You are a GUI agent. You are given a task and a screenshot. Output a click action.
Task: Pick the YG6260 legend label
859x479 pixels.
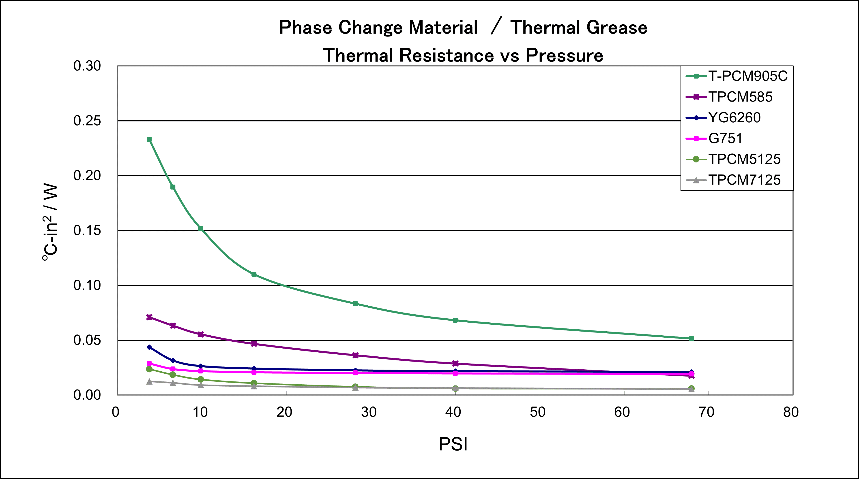point(734,118)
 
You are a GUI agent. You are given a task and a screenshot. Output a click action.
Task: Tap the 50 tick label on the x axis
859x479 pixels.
point(537,412)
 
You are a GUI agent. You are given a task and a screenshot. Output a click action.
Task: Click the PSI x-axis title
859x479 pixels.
point(453,444)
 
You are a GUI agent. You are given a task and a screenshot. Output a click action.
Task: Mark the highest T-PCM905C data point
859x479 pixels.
point(149,139)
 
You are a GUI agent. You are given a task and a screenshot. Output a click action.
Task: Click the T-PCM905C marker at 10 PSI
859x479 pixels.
point(201,228)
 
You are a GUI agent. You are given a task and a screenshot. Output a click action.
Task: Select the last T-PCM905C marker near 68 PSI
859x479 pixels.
point(691,338)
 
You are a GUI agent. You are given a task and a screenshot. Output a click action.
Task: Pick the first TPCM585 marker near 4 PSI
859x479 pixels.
point(149,317)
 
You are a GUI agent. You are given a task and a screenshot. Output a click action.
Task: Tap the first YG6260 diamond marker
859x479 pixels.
point(149,347)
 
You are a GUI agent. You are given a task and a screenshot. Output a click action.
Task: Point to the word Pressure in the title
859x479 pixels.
point(564,55)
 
